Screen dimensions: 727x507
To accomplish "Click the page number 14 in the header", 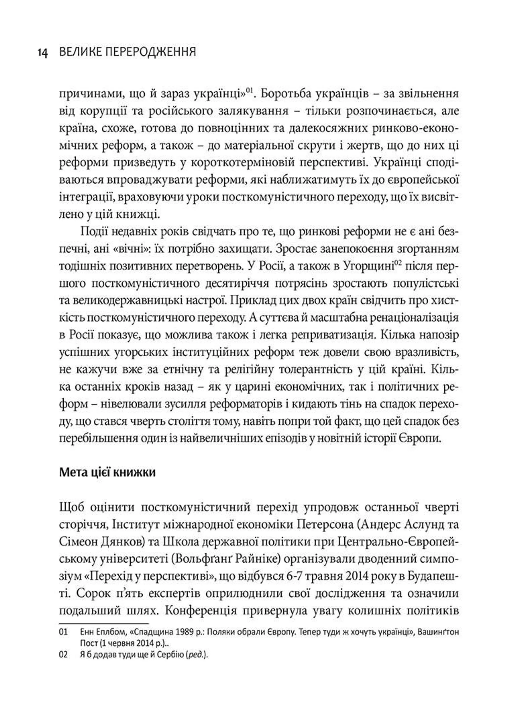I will click(x=43, y=52).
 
